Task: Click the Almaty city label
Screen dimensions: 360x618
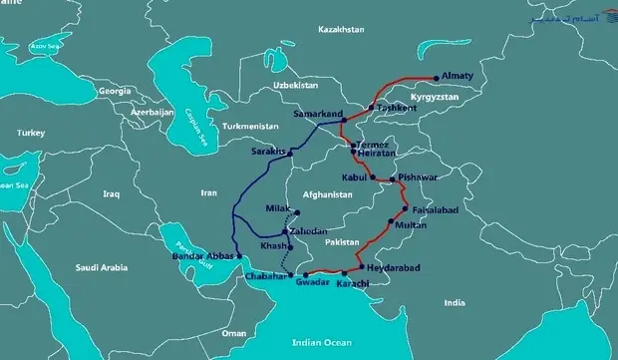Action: point(463,75)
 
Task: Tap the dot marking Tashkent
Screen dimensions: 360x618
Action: point(371,107)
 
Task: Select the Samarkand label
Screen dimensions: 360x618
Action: point(317,115)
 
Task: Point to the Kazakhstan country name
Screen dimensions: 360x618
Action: point(341,31)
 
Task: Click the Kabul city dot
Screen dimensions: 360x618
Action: point(373,178)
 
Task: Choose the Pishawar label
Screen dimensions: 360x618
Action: point(417,178)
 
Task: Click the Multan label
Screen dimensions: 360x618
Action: point(411,225)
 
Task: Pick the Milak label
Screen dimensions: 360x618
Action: point(277,208)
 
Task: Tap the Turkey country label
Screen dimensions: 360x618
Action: point(31,133)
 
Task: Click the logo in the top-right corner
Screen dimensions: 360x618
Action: point(576,18)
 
